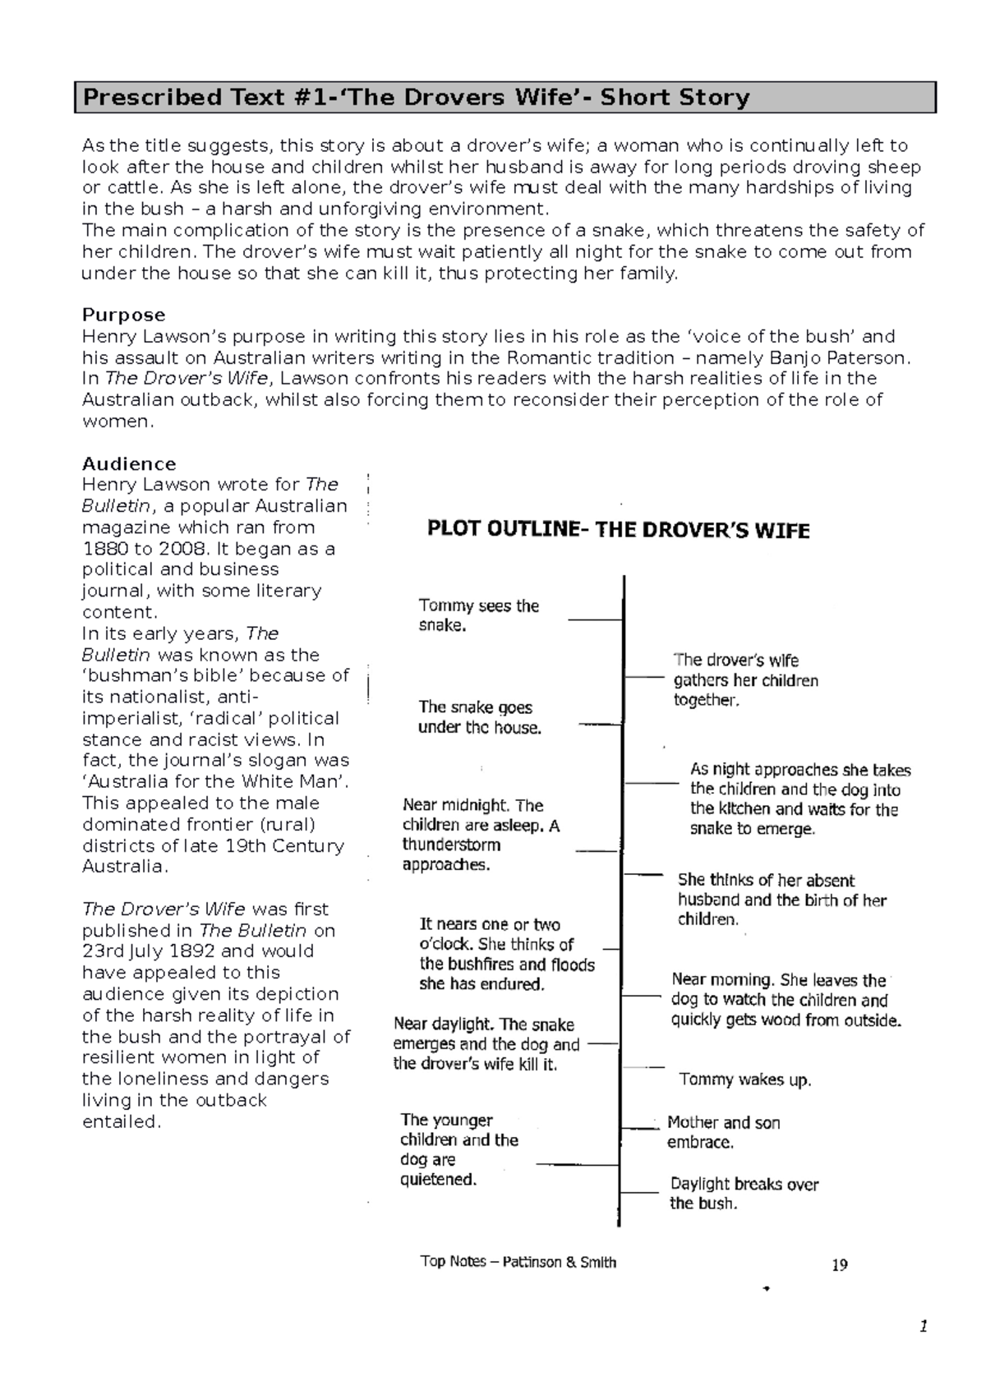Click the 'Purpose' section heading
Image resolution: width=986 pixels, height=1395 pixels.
coord(123,315)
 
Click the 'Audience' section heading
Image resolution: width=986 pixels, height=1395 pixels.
coord(129,464)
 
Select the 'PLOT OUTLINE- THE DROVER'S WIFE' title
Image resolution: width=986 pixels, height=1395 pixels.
coord(618,530)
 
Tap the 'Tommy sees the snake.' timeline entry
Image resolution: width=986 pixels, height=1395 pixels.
coord(478,615)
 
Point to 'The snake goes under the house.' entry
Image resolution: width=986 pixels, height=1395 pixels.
coord(479,717)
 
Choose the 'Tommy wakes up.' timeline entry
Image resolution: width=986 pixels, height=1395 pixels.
coord(744,1080)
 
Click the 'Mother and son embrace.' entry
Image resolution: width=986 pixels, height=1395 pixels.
coord(723,1132)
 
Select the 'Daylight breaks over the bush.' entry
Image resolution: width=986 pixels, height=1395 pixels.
coord(744,1194)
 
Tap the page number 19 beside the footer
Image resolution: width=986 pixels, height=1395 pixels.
coord(839,1265)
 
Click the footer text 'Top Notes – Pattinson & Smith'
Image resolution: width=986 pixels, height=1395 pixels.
coord(518,1262)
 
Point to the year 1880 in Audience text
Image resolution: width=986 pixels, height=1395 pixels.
coord(107,549)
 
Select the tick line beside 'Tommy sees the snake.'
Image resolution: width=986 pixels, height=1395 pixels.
coord(595,619)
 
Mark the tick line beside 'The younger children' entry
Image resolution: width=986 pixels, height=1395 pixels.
coord(577,1164)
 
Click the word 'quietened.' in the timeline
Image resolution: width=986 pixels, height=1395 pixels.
coord(438,1180)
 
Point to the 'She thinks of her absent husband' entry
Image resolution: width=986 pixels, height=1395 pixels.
coord(781,900)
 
